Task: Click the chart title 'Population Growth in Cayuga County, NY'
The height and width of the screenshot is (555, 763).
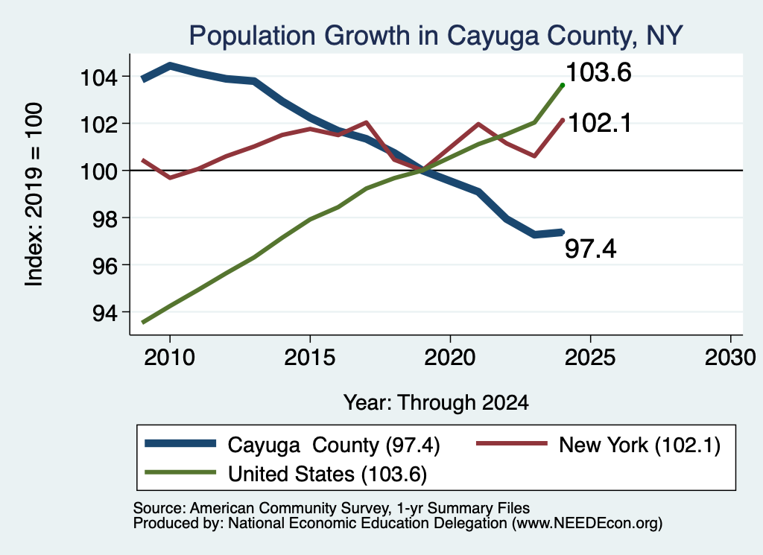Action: tap(436, 37)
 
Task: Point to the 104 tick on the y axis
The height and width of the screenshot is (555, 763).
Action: tap(99, 77)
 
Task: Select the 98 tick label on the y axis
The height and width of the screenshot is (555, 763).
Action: tap(105, 218)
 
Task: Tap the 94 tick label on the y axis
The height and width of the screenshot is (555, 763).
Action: tap(105, 313)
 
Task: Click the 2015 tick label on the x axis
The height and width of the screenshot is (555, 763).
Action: tap(309, 358)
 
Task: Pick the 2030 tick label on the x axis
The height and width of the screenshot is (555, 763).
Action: tap(730, 358)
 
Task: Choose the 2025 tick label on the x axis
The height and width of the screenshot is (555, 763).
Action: tap(590, 358)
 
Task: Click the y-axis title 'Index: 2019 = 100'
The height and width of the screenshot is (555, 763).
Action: tap(34, 194)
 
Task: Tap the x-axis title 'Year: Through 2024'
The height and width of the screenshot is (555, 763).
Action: tap(436, 403)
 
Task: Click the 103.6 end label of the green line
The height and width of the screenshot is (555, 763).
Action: tap(598, 72)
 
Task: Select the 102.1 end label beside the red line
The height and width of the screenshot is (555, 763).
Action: tap(600, 123)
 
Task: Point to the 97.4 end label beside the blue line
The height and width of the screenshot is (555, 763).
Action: tap(590, 249)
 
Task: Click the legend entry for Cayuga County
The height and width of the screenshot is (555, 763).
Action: tap(292, 445)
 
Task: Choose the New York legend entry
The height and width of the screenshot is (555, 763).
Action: tap(598, 445)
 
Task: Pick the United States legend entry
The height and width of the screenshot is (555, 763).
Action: tap(286, 474)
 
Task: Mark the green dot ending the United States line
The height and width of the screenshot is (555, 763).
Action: tap(563, 85)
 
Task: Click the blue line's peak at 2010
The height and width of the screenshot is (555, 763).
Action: tap(170, 65)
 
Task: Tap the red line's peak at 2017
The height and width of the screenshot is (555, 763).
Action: tap(366, 122)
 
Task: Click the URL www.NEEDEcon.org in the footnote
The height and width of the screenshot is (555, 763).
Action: tap(587, 524)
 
